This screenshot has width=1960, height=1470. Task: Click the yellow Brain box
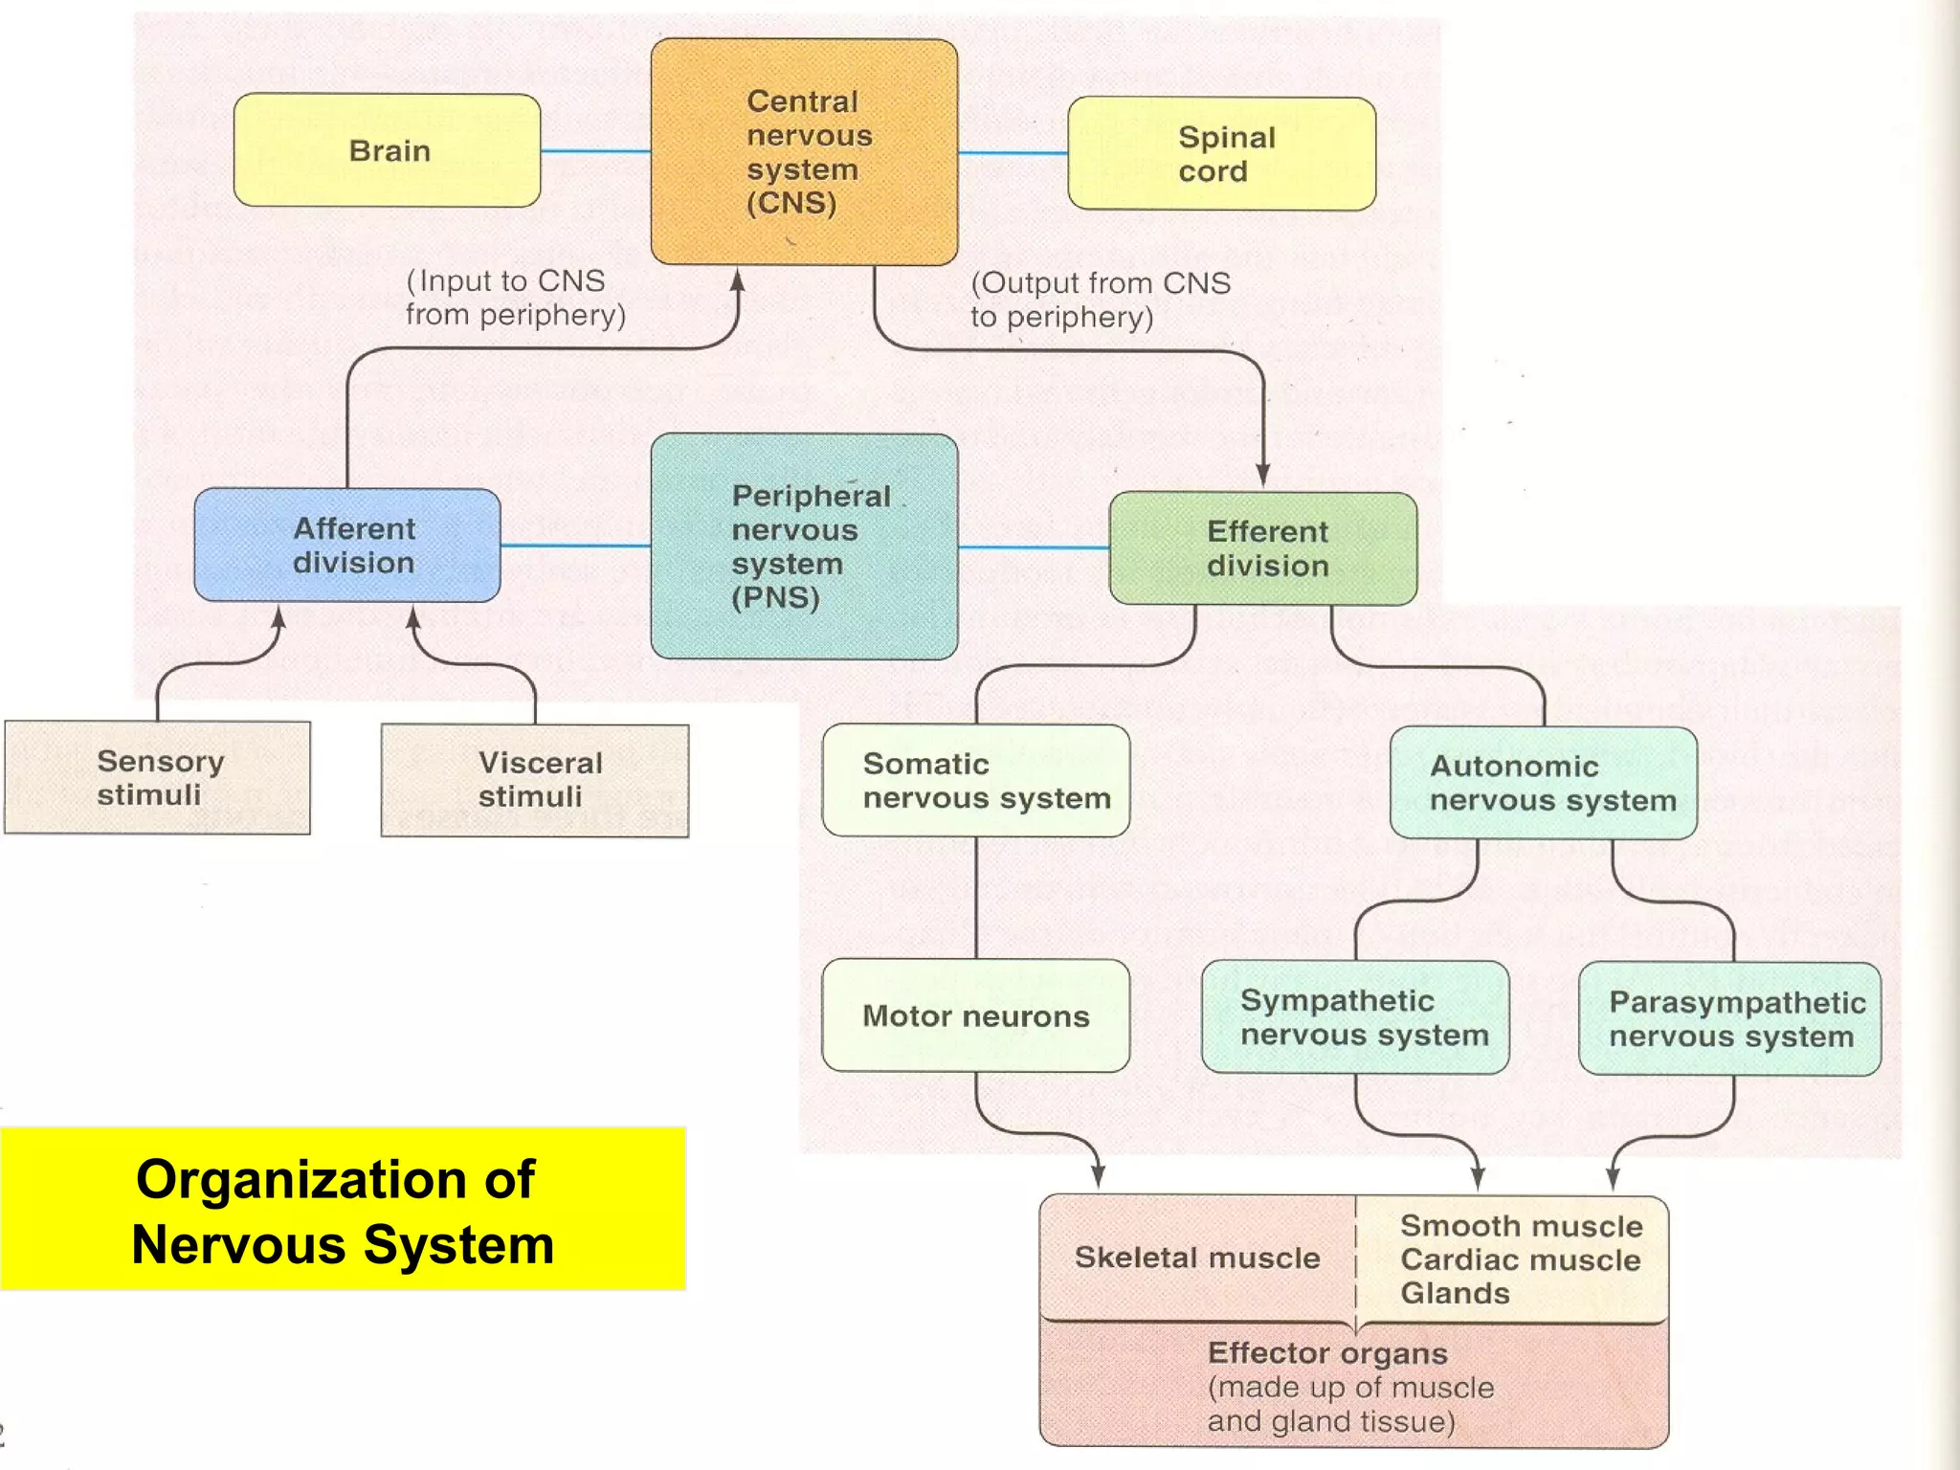[388, 150]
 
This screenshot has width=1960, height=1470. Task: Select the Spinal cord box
[1221, 154]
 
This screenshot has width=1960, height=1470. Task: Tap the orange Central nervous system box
[804, 152]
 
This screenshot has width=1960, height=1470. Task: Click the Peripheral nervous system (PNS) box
[804, 546]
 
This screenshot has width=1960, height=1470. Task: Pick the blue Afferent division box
[347, 546]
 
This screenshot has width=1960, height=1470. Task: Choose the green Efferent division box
[1263, 548]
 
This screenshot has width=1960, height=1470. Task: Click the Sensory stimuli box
[158, 778]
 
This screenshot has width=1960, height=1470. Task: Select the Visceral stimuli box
[535, 780]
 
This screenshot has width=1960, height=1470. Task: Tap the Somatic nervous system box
[976, 781]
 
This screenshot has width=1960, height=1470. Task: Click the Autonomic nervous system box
[1543, 783]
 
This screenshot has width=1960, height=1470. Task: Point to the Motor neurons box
[976, 1015]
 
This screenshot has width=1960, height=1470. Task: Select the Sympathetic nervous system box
[1355, 1017]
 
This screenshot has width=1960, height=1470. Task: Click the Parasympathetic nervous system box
[1729, 1019]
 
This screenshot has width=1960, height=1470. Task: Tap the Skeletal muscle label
[1196, 1258]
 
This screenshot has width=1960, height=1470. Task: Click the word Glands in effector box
[1455, 1294]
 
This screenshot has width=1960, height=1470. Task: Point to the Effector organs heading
[1327, 1353]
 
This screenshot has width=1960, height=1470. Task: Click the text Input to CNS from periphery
[515, 298]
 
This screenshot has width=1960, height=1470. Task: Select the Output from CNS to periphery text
[1100, 300]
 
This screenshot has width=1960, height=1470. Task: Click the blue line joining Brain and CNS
[595, 151]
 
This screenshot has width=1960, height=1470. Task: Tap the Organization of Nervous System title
[343, 1211]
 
